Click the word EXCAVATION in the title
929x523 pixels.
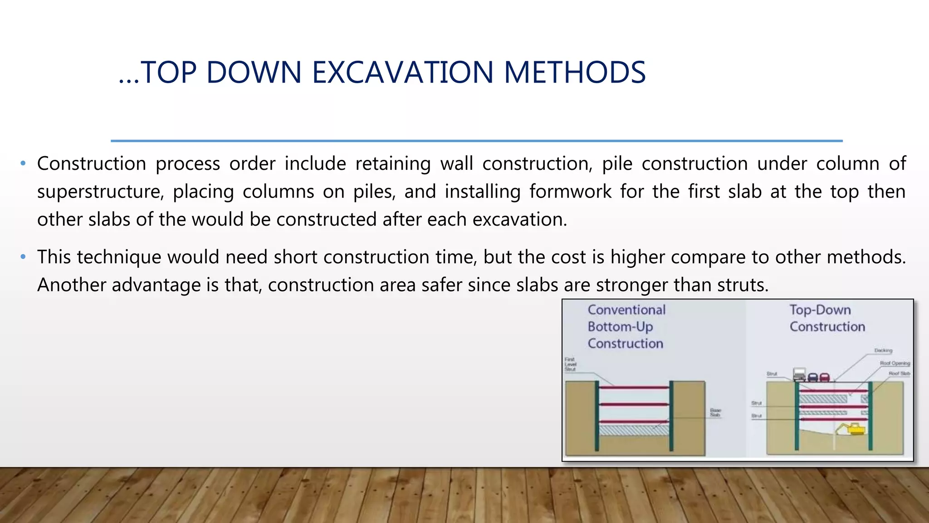pyautogui.click(x=402, y=73)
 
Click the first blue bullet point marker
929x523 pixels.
pyautogui.click(x=23, y=163)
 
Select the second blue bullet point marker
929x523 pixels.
pyautogui.click(x=23, y=257)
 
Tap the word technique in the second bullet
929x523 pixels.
pyautogui.click(x=118, y=257)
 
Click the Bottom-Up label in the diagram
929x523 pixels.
pyautogui.click(x=620, y=327)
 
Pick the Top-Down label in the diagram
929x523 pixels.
pyautogui.click(x=820, y=310)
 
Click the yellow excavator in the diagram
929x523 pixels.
pyautogui.click(x=851, y=429)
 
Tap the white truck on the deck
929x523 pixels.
pyautogui.click(x=799, y=375)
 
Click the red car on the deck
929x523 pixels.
pyautogui.click(x=825, y=377)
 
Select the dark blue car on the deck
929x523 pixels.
pyautogui.click(x=813, y=377)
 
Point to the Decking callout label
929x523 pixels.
pyautogui.click(x=883, y=350)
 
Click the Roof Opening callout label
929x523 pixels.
pyautogui.click(x=895, y=363)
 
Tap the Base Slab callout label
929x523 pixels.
pyautogui.click(x=715, y=412)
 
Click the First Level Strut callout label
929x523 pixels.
pyautogui.click(x=570, y=365)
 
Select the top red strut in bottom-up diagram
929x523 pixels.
pyautogui.click(x=634, y=387)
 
